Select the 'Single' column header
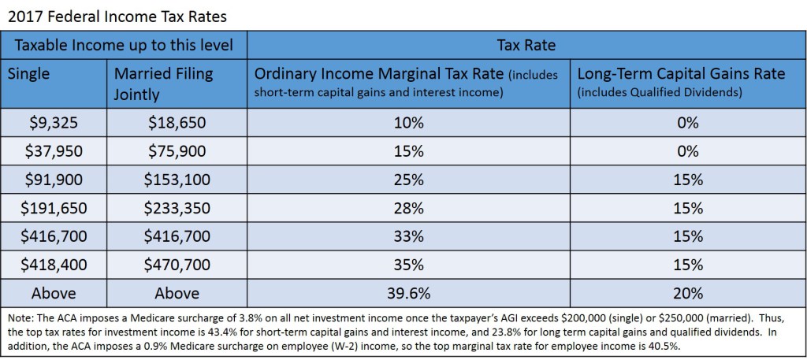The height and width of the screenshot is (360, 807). (28, 74)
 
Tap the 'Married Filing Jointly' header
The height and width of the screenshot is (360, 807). (164, 84)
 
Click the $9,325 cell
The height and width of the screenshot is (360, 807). (54, 122)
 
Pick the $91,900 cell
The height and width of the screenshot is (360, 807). (54, 179)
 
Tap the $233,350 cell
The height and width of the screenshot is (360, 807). (177, 207)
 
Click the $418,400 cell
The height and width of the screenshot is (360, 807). (54, 264)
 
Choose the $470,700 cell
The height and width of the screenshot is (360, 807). (177, 264)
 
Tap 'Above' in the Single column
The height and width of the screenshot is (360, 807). (54, 293)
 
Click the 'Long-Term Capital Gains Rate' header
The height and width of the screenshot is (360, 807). (681, 74)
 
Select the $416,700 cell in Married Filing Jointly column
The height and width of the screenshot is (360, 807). (177, 236)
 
